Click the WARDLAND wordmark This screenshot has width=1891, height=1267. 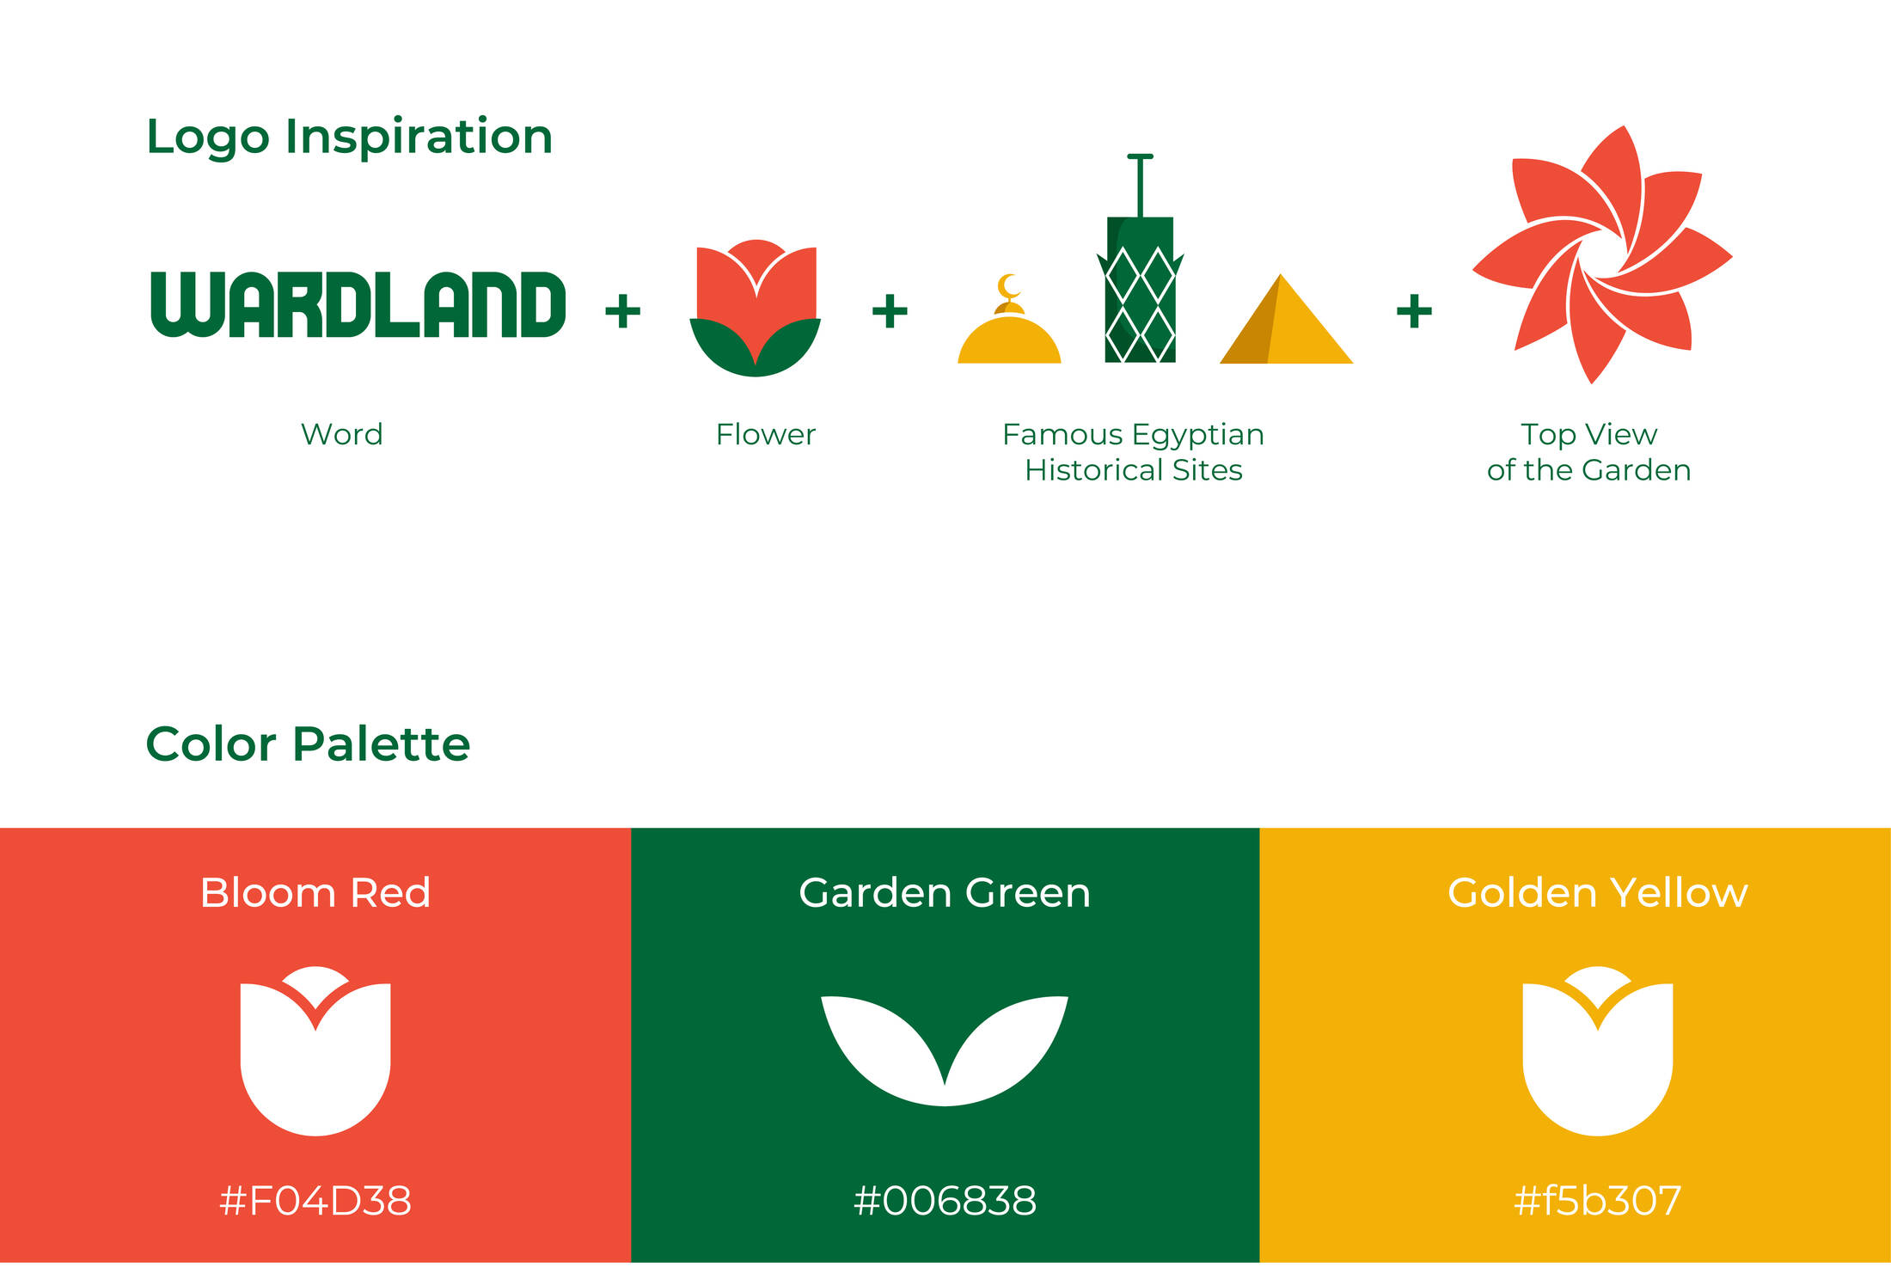[358, 304]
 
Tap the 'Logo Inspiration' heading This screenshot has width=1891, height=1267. [349, 138]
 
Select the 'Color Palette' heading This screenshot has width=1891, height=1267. [308, 744]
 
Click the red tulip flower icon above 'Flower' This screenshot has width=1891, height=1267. [756, 307]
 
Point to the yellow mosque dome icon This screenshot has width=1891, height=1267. [1009, 340]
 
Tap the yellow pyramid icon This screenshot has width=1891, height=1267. [1286, 319]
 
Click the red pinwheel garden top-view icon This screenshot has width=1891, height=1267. [1602, 254]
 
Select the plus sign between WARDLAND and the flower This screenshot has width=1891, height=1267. [623, 311]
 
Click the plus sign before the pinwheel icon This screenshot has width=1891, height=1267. [1414, 311]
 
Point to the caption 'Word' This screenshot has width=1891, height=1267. [341, 434]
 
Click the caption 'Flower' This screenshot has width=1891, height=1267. [765, 434]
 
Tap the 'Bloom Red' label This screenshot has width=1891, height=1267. [315, 892]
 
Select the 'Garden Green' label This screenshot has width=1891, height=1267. [945, 892]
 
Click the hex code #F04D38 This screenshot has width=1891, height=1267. [315, 1201]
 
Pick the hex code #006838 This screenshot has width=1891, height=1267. [945, 1201]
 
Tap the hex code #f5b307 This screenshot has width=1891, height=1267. [1597, 1201]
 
